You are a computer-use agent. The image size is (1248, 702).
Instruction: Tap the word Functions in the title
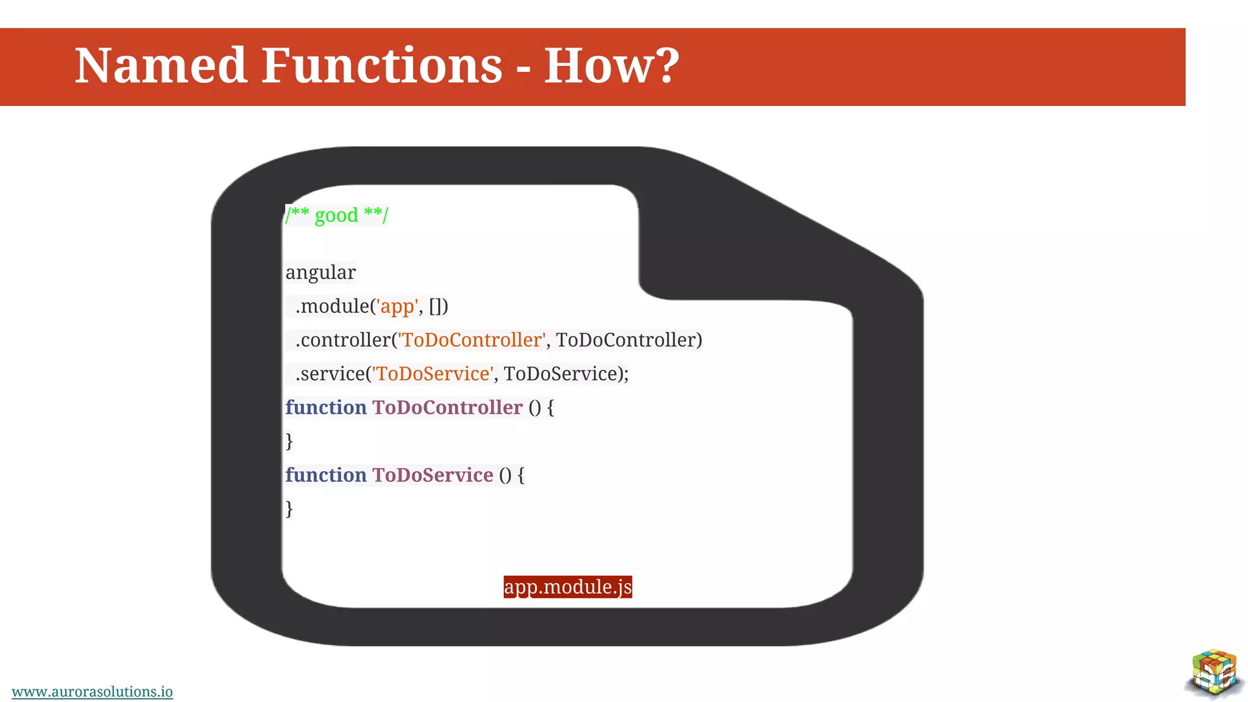(382, 66)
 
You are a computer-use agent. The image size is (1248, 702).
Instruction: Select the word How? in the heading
(611, 66)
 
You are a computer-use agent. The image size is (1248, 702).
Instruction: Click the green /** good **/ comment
(336, 215)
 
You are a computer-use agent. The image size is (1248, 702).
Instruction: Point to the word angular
(321, 272)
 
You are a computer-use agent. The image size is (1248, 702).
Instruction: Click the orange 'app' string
(397, 306)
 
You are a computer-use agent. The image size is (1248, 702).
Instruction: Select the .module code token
(333, 306)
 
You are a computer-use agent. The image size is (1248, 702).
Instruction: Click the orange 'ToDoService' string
(433, 374)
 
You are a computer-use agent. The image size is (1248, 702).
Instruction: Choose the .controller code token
(343, 340)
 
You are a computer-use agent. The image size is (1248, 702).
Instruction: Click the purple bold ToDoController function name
(447, 407)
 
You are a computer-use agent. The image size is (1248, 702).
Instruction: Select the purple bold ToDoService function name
(433, 475)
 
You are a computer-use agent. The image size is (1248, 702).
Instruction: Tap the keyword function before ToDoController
(326, 407)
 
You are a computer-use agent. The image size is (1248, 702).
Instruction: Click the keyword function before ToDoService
(326, 475)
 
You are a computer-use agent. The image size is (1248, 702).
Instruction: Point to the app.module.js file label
(567, 587)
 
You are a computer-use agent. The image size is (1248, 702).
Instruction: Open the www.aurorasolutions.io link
(92, 692)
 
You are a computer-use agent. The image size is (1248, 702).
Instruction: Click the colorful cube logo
(1214, 673)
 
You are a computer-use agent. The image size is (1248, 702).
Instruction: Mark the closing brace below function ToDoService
(289, 508)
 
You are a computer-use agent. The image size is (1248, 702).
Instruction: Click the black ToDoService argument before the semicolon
(560, 374)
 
